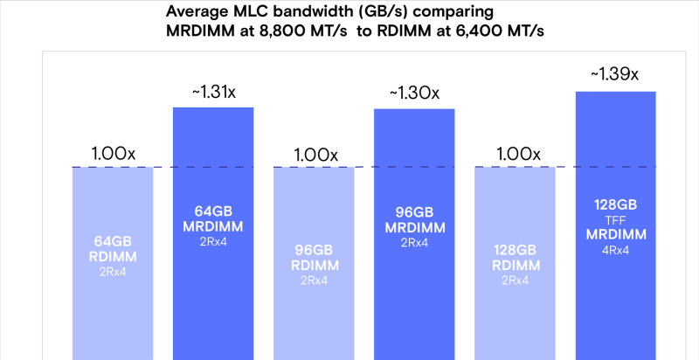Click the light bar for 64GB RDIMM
pyautogui.click(x=113, y=262)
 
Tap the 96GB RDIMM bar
pyautogui.click(x=314, y=262)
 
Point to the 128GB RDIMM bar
pyautogui.click(x=515, y=262)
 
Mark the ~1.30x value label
pyautogui.click(x=414, y=93)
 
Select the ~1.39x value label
pyautogui.click(x=615, y=75)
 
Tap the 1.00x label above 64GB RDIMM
pyautogui.click(x=113, y=153)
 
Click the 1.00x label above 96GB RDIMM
pyautogui.click(x=315, y=154)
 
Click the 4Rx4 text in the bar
pyautogui.click(x=615, y=251)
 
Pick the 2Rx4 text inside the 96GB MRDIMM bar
pyautogui.click(x=414, y=242)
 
